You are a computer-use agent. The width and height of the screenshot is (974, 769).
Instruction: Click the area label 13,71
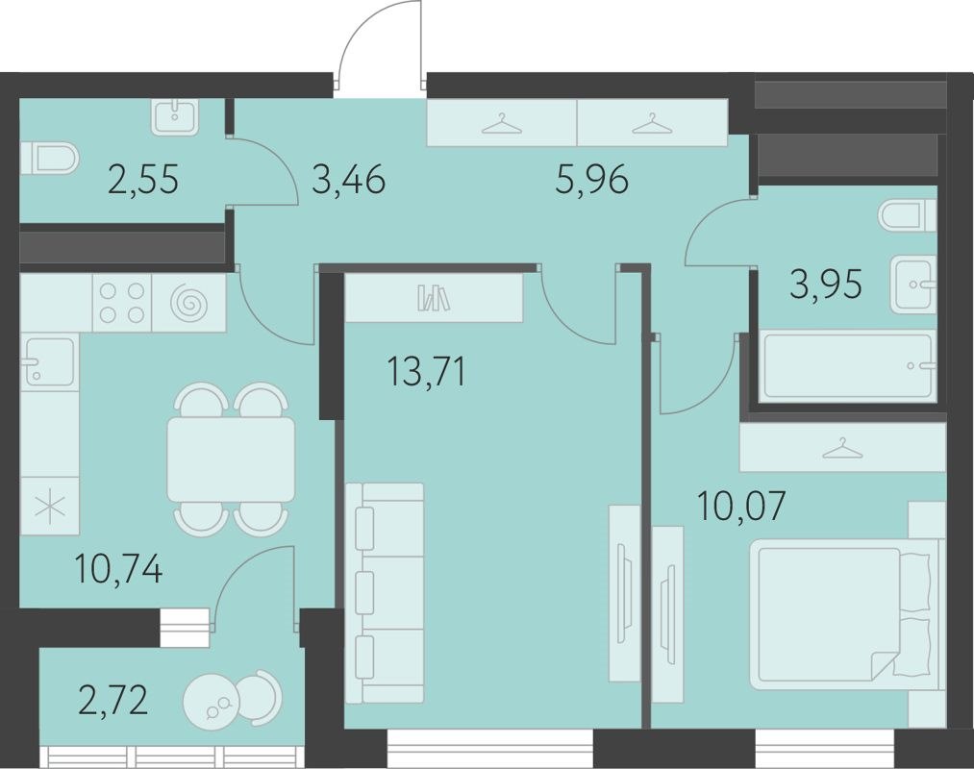[426, 370]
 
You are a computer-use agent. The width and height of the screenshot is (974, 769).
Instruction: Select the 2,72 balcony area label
[113, 701]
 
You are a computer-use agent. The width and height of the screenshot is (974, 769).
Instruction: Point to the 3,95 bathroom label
[826, 285]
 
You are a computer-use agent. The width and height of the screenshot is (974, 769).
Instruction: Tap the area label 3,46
[348, 180]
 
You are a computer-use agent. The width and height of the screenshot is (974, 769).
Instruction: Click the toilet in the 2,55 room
[53, 158]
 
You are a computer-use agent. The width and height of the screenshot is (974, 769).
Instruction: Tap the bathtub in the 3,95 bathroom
[846, 365]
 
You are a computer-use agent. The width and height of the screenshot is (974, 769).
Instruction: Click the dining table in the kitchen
[231, 459]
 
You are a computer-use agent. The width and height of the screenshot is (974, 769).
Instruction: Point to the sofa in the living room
[385, 594]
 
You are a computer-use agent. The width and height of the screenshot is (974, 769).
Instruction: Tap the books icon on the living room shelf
[433, 298]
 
